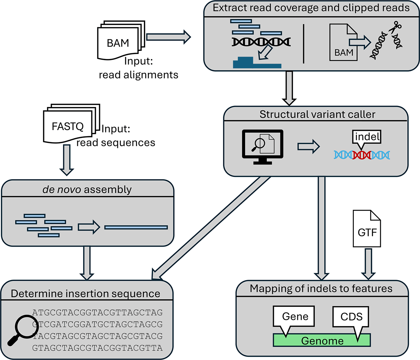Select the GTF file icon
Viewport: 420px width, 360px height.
(367, 229)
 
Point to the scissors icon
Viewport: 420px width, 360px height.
(395, 27)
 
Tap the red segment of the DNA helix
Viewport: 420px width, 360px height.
(362, 155)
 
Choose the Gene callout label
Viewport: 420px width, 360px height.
(295, 316)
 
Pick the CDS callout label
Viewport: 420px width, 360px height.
(351, 316)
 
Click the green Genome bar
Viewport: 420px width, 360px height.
(322, 340)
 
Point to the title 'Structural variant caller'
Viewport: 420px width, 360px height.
(317, 114)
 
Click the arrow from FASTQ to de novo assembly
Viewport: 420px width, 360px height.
(67, 160)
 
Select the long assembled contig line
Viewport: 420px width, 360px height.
(136, 227)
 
